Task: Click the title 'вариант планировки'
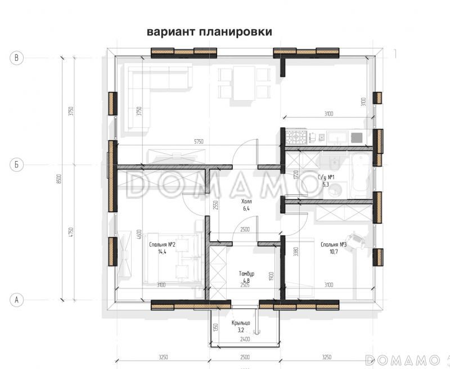pos(209,32)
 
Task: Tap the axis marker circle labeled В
pos(17,57)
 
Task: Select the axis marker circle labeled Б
pos(17,165)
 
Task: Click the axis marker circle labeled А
pos(17,300)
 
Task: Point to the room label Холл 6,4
pos(246,204)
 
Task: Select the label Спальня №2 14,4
pos(163,248)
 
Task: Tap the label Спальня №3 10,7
pos(333,248)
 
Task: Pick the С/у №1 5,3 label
pos(328,180)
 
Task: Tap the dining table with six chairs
pos(244,83)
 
